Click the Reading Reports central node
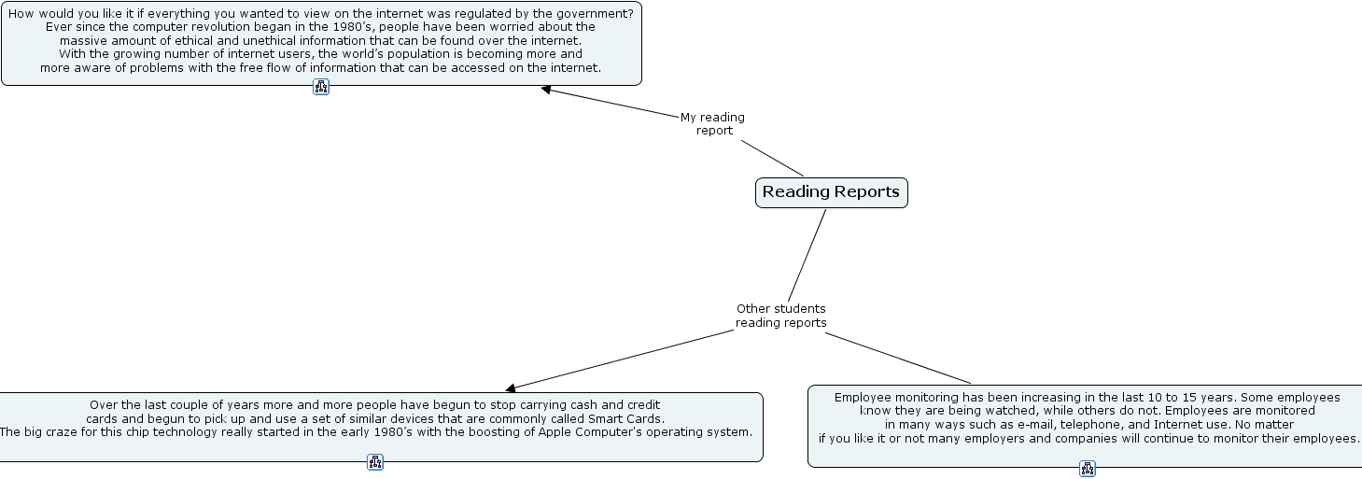pos(831,192)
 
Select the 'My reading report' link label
pos(713,124)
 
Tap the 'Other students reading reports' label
pos(781,316)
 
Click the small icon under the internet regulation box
pos(321,87)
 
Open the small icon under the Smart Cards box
pos(375,461)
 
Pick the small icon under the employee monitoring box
pos(1088,469)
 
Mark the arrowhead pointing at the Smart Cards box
pos(511,387)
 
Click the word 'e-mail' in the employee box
pos(1022,425)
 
